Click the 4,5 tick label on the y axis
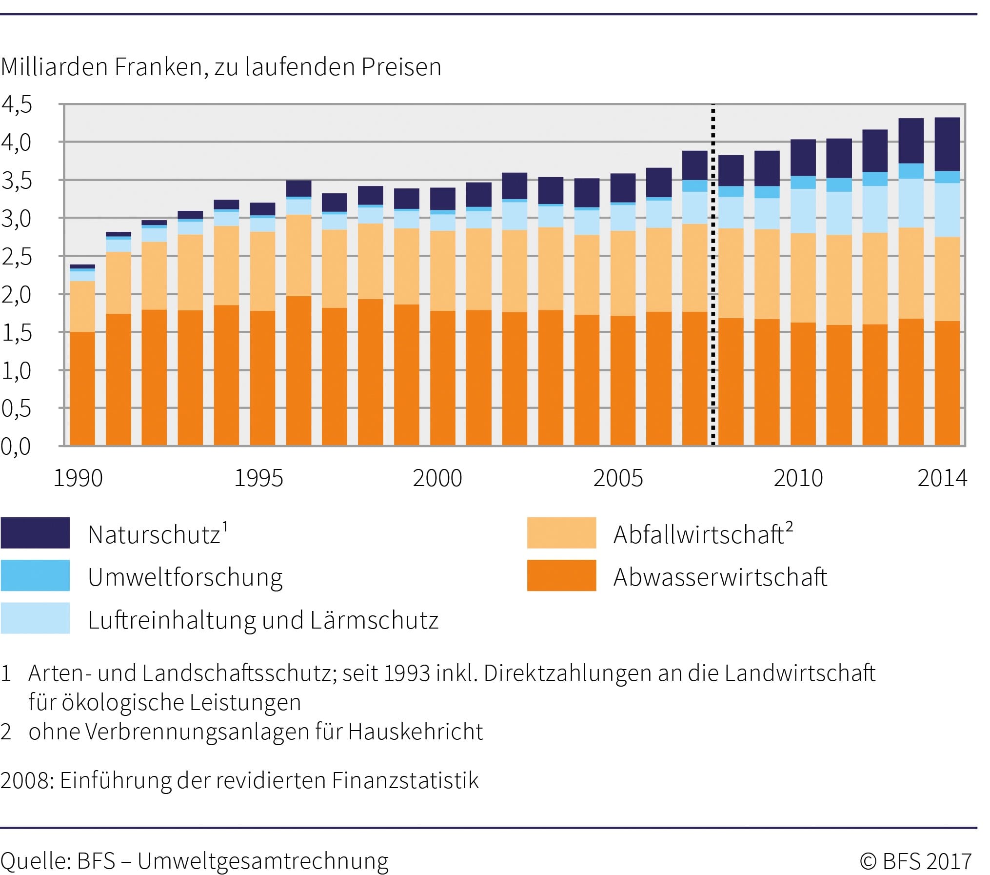17,105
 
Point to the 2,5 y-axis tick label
17,257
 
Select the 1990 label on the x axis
78,478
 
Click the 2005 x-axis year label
618,478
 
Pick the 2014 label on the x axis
942,478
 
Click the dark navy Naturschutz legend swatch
35,532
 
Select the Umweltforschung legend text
185,577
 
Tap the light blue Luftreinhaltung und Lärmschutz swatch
35,618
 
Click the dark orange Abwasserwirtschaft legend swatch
561,575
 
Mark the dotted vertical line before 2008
713,275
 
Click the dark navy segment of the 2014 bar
947,144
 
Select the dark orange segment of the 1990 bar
82,388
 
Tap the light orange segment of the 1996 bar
298,255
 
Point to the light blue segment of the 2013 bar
911,203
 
